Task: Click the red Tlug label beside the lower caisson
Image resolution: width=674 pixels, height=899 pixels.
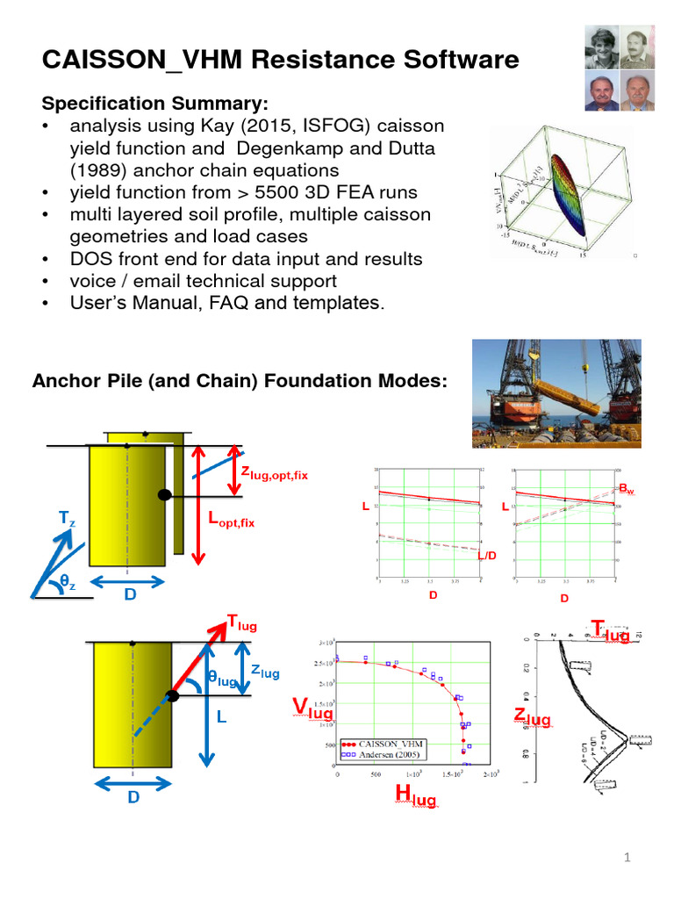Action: pos(242,624)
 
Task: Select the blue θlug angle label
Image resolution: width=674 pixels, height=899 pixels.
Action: pos(226,680)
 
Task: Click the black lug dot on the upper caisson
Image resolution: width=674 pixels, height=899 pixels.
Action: pos(163,495)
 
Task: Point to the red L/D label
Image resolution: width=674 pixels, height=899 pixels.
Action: pos(486,556)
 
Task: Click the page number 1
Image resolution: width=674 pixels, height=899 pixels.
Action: pos(628,858)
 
